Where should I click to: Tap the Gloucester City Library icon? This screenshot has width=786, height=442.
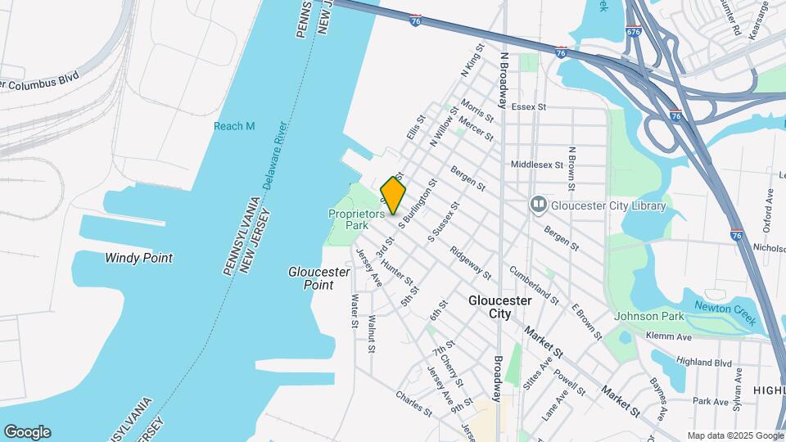(538, 204)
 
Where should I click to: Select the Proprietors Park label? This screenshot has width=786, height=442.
(356, 219)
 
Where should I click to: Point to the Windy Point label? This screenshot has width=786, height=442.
(138, 258)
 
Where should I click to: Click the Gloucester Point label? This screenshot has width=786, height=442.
(310, 278)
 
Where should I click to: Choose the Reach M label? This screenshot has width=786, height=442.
(234, 126)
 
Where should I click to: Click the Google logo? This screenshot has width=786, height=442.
(27, 432)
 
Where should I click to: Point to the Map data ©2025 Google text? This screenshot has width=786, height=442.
(734, 435)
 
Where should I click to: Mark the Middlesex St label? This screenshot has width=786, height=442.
(537, 165)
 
